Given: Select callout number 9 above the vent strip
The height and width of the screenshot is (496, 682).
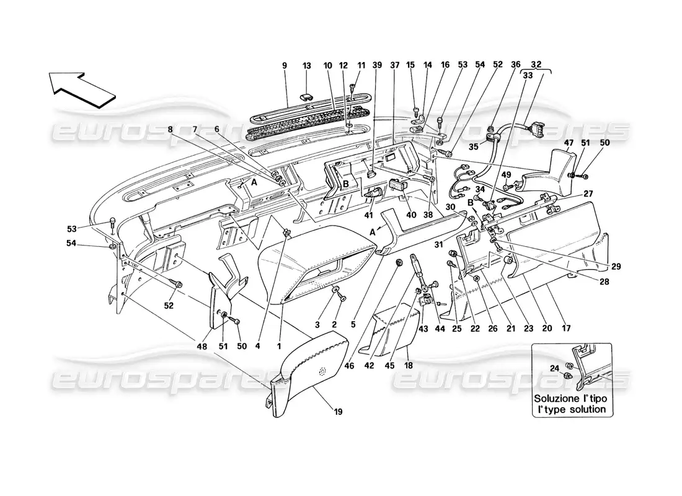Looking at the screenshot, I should [285, 64].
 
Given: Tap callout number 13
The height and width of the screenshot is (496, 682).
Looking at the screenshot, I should [307, 64].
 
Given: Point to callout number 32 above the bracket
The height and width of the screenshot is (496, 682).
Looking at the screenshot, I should [535, 64].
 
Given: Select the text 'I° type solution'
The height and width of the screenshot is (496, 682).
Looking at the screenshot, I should [572, 409].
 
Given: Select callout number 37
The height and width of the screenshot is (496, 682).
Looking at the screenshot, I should [395, 64].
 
